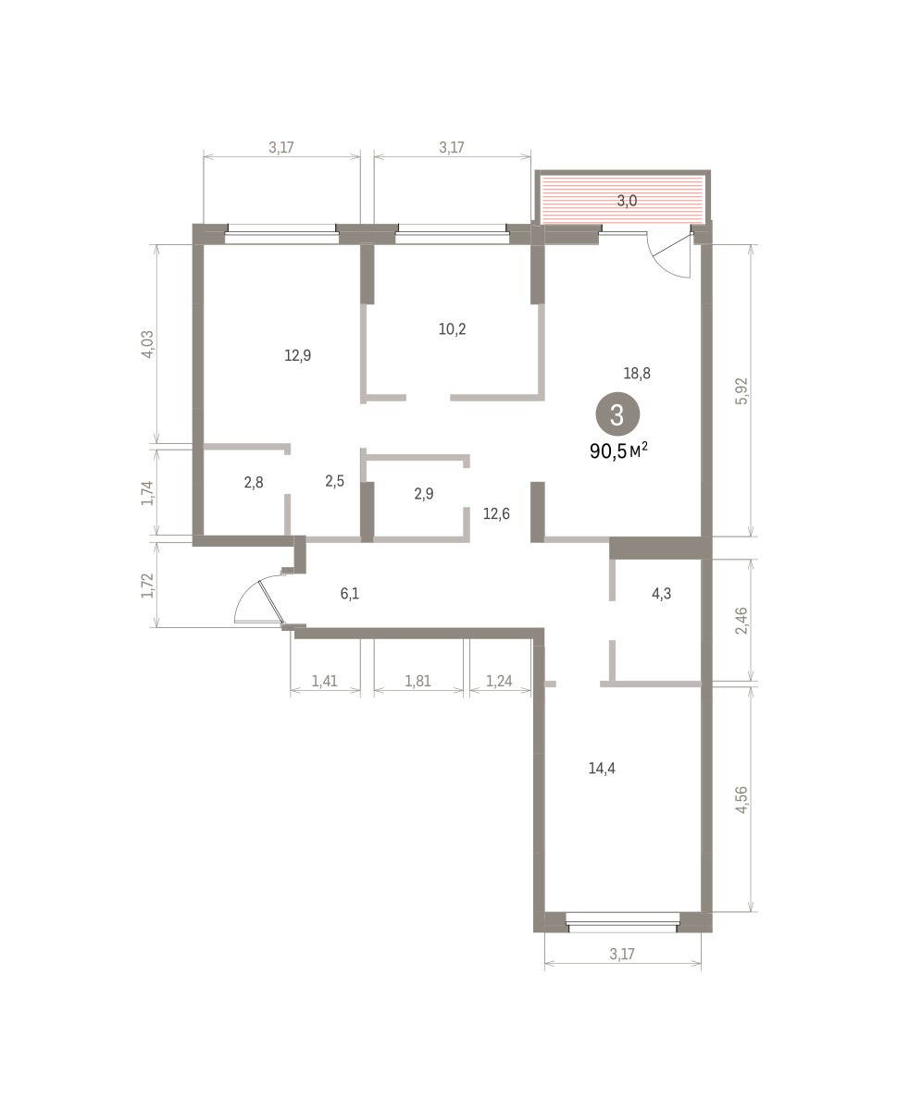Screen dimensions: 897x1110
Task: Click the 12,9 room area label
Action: pyautogui.click(x=298, y=355)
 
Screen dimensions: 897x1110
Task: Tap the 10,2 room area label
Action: pyautogui.click(x=452, y=329)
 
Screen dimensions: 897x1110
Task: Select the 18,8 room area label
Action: pyautogui.click(x=637, y=373)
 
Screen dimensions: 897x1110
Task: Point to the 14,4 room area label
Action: pyautogui.click(x=602, y=768)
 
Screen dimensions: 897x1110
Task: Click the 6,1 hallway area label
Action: pyautogui.click(x=349, y=593)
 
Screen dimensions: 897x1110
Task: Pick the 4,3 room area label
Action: pyautogui.click(x=661, y=593)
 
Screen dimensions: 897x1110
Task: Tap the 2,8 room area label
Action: pyautogui.click(x=254, y=483)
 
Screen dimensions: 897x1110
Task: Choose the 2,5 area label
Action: pyautogui.click(x=334, y=481)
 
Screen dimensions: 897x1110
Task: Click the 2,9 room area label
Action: pyautogui.click(x=423, y=494)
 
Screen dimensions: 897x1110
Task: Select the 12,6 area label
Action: pyautogui.click(x=496, y=513)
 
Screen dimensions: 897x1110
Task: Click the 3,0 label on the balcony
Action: pyautogui.click(x=627, y=201)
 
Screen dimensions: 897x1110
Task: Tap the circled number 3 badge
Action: pyautogui.click(x=617, y=415)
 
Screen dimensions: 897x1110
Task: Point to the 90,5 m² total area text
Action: pyautogui.click(x=618, y=450)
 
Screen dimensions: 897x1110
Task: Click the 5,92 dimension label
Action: pyautogui.click(x=741, y=391)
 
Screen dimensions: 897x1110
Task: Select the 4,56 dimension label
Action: pyautogui.click(x=741, y=800)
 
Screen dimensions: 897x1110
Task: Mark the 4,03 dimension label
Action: pyautogui.click(x=147, y=344)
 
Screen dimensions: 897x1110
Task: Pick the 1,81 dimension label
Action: pyautogui.click(x=417, y=681)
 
